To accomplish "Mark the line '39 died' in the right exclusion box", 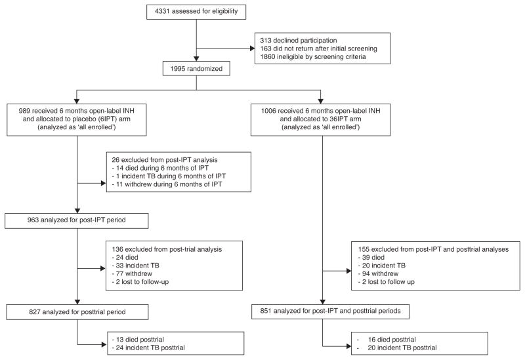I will point(377,259).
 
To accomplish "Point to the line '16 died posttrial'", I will point(390,338).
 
